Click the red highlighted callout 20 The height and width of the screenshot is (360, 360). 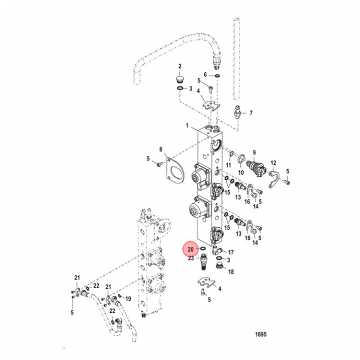point(190,249)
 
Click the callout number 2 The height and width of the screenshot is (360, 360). point(180,66)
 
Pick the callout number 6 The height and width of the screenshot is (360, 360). point(204,74)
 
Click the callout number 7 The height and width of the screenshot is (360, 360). point(251,112)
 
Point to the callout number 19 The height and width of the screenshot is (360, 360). point(127,298)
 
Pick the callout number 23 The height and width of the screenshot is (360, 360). point(190,258)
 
